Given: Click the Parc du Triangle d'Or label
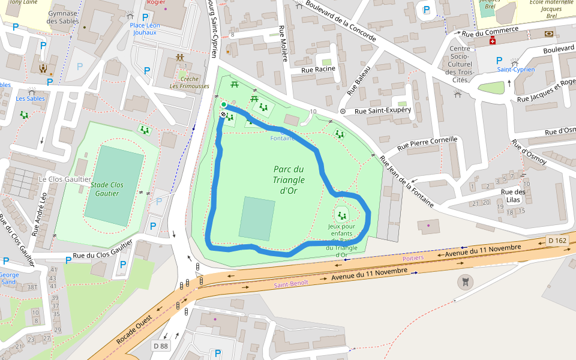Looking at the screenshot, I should [x=289, y=180].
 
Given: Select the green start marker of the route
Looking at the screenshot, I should [x=224, y=104].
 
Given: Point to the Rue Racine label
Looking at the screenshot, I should [x=318, y=70].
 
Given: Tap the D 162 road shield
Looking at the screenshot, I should [x=557, y=241].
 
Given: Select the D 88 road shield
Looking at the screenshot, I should [x=160, y=346].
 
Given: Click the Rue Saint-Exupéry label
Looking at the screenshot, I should [x=382, y=111].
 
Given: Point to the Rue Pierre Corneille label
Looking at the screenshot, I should [x=427, y=144].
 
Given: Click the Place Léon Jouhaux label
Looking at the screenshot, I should [x=145, y=28].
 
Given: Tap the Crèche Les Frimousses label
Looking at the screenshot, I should [x=189, y=82].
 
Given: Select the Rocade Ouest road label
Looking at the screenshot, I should [x=134, y=328].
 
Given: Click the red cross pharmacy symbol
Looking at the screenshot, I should [x=493, y=40].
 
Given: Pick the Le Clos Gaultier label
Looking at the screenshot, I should [x=65, y=179].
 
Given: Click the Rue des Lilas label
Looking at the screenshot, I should [x=513, y=196].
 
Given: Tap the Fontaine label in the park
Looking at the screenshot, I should [x=282, y=138].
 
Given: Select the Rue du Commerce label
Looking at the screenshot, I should [x=490, y=31].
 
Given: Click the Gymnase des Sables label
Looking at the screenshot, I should [x=62, y=17].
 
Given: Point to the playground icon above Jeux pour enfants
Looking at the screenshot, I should [x=342, y=215].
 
